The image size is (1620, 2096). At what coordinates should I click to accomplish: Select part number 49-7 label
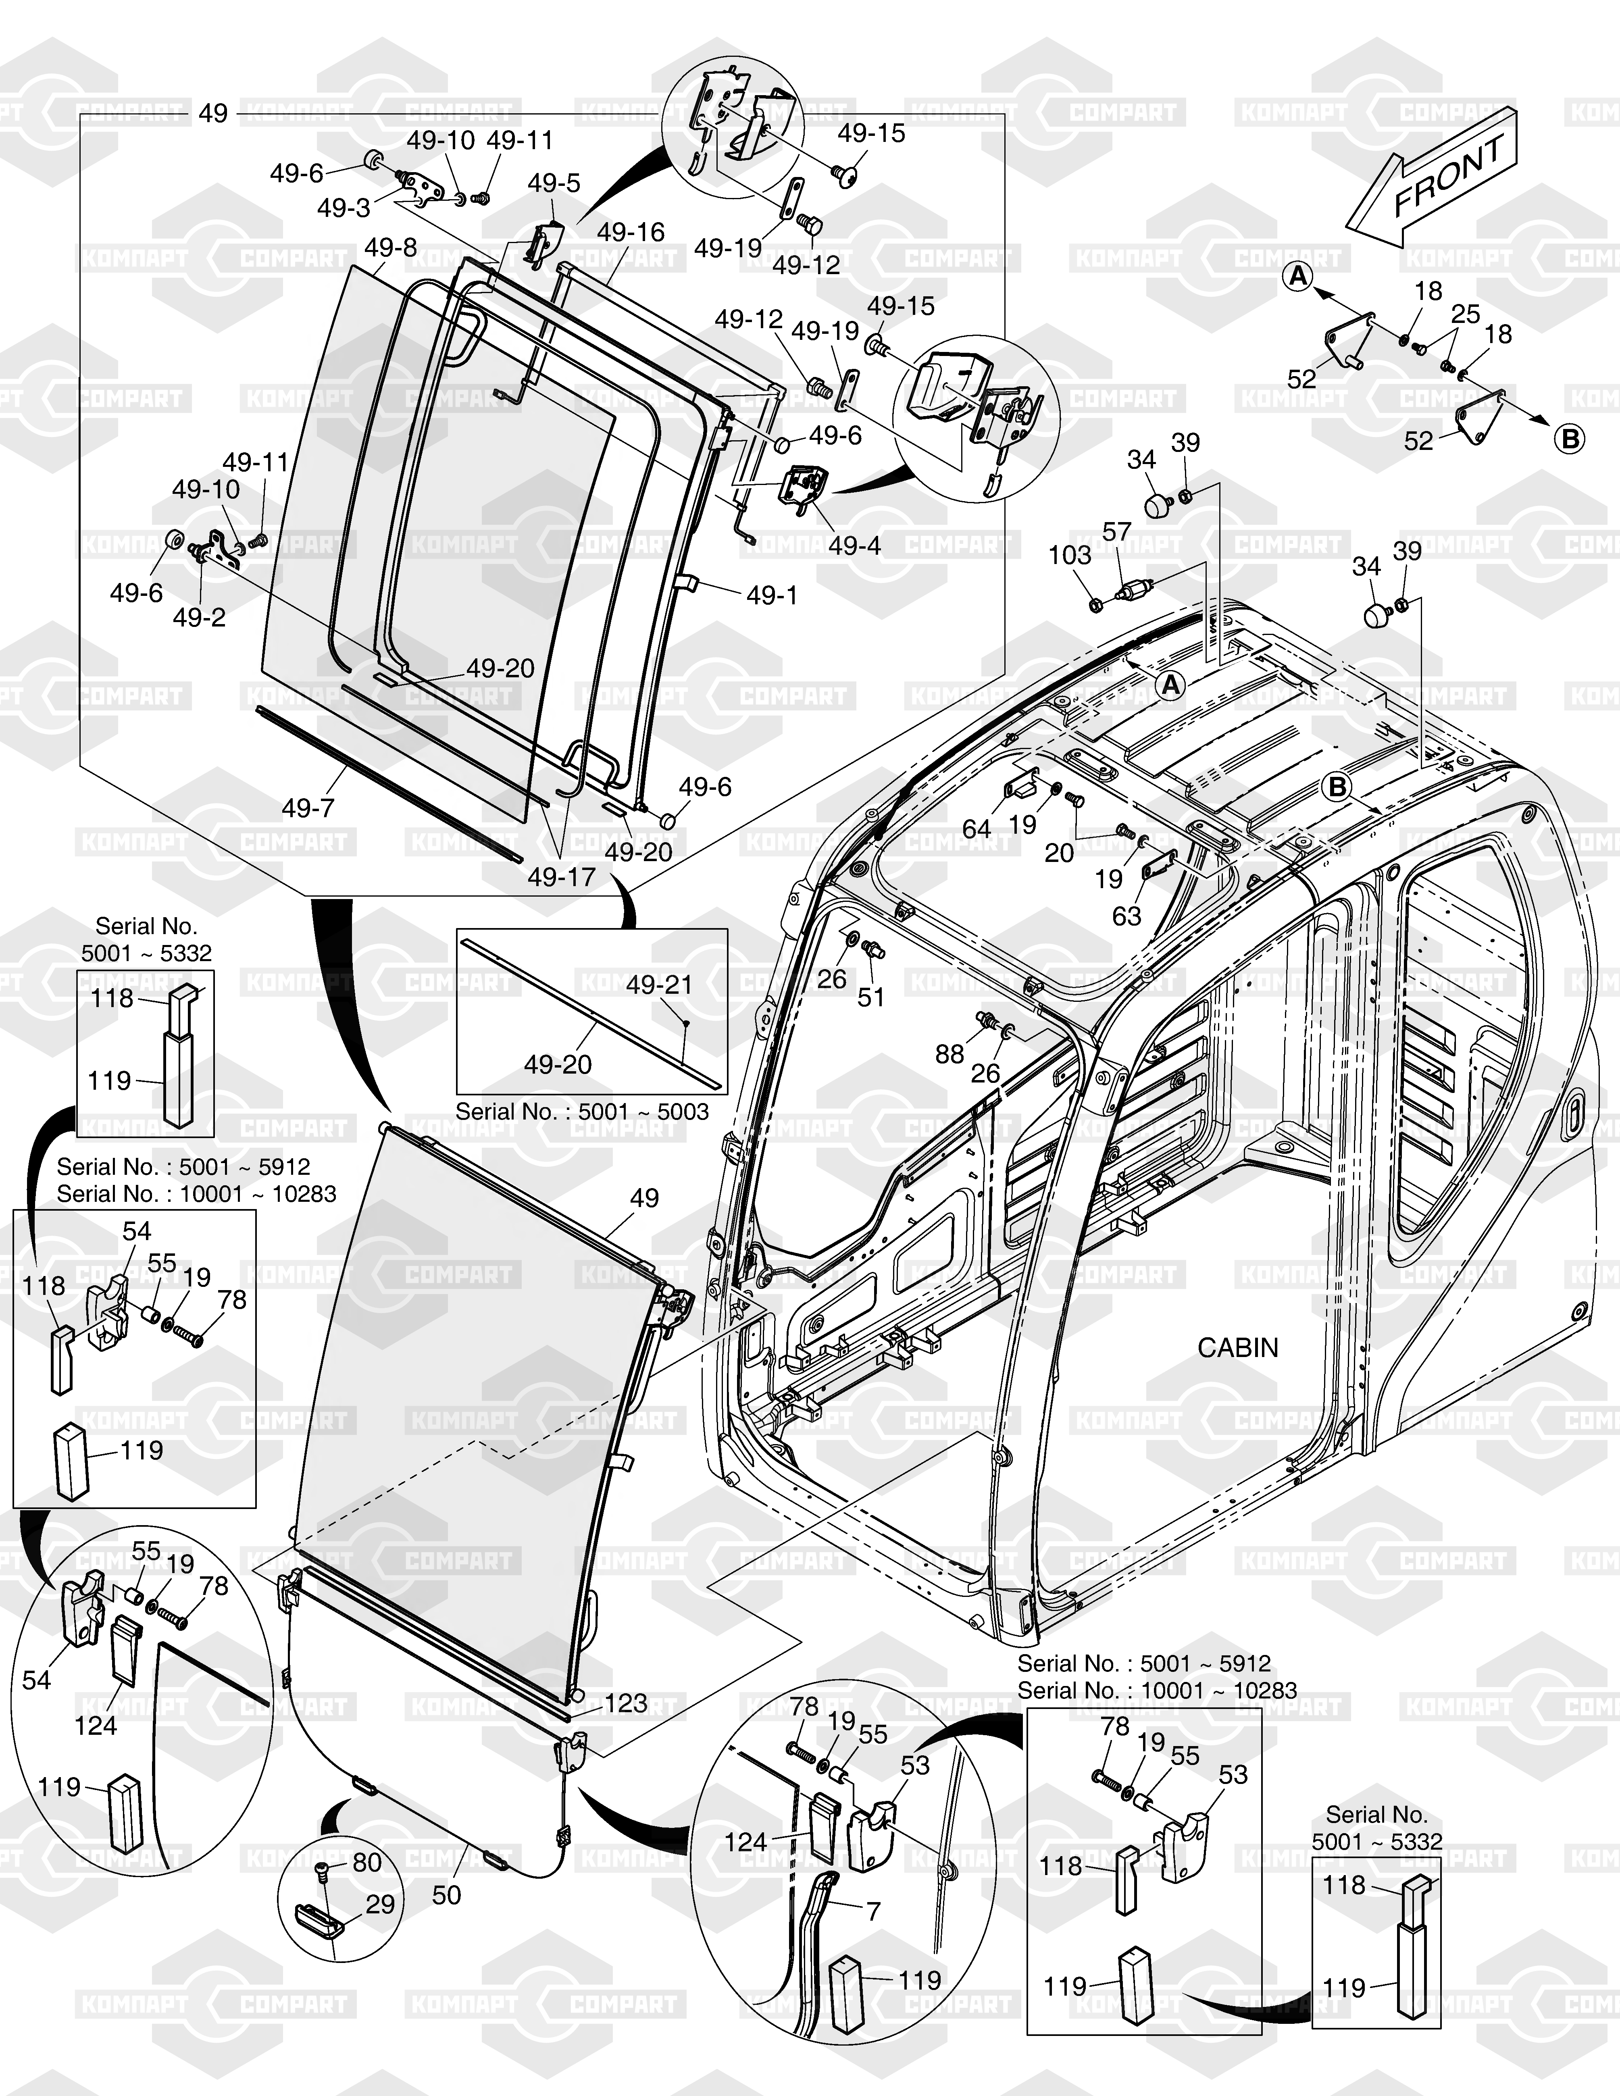click(x=308, y=808)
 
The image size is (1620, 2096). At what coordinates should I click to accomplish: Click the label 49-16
click(x=631, y=232)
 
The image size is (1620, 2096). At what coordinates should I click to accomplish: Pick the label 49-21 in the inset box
click(x=659, y=985)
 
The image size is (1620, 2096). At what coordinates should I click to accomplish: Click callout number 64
click(x=976, y=828)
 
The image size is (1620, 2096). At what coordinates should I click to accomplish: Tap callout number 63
click(x=1127, y=916)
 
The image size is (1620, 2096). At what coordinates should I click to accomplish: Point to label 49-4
click(x=855, y=545)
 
